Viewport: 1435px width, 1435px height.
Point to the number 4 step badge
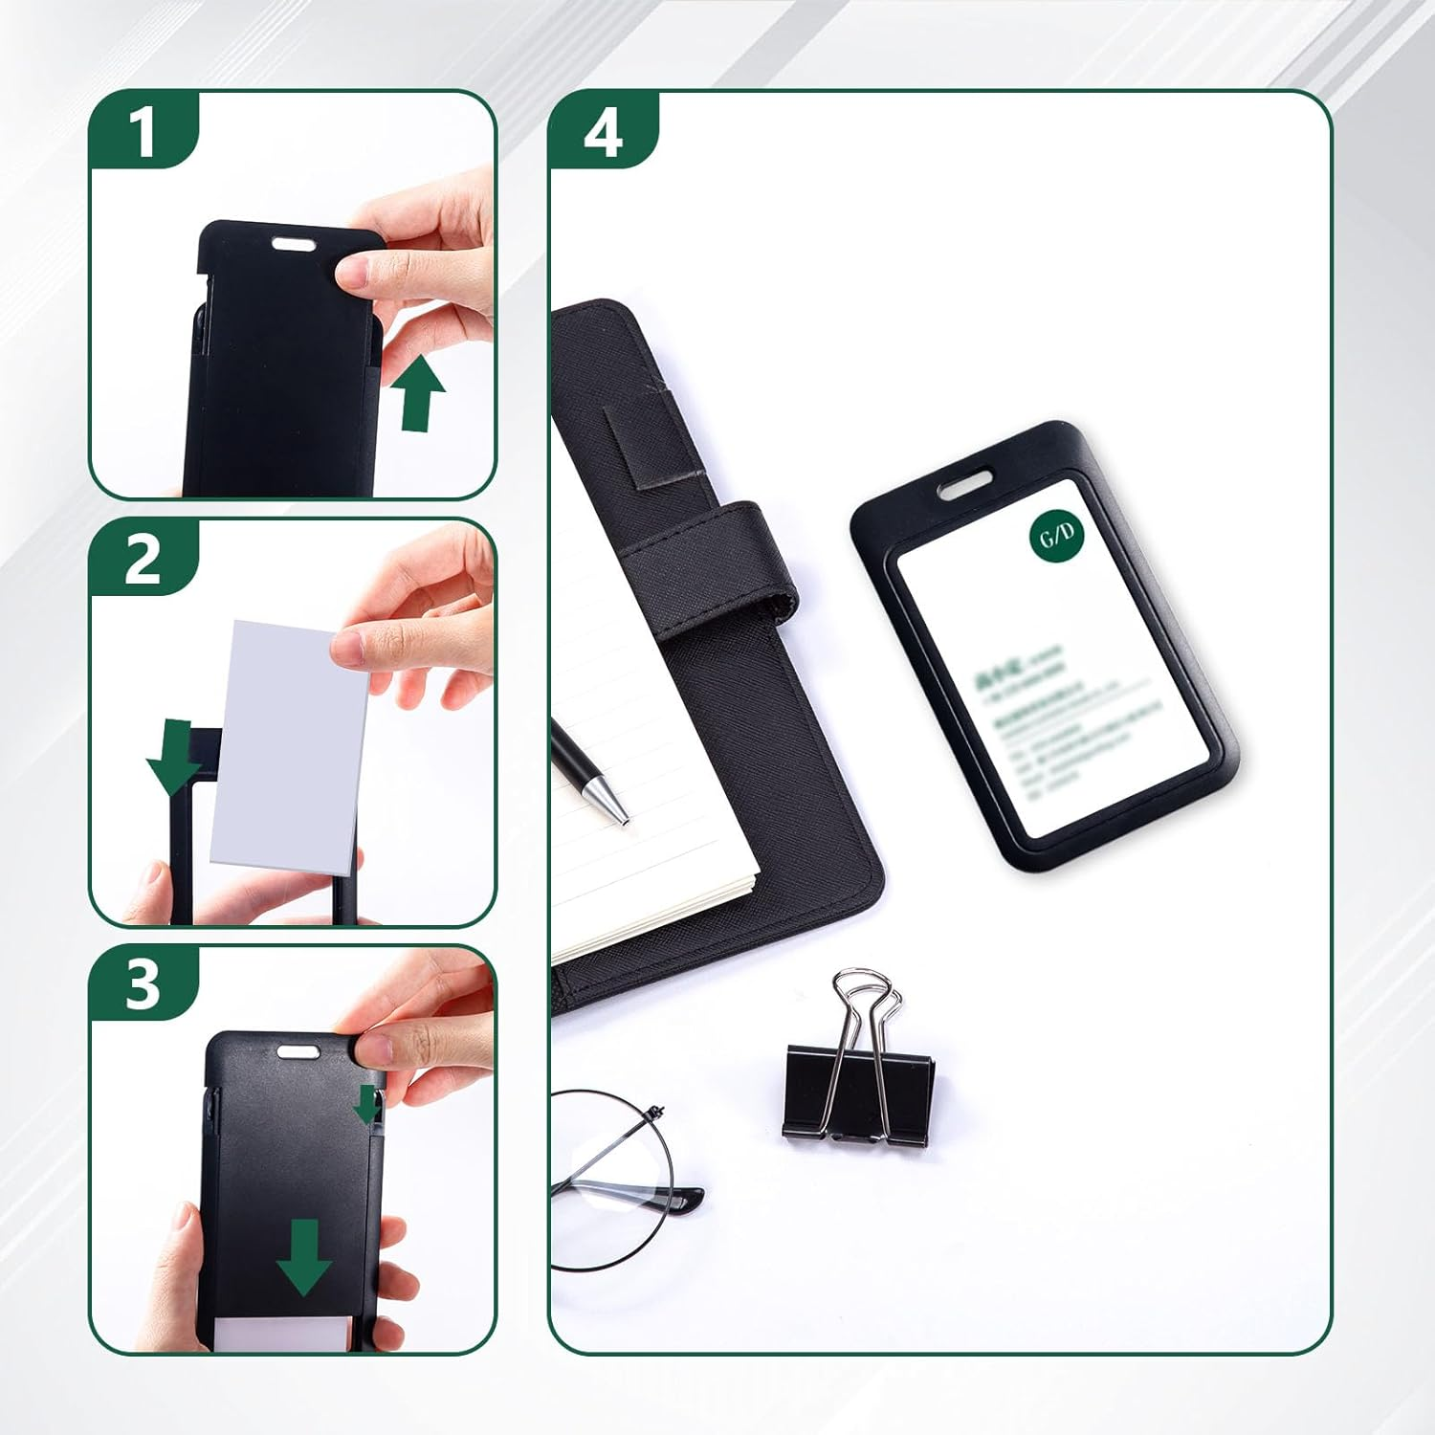603,131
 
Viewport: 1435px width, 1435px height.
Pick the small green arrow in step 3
367,1104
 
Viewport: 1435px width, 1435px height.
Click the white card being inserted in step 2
287,746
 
